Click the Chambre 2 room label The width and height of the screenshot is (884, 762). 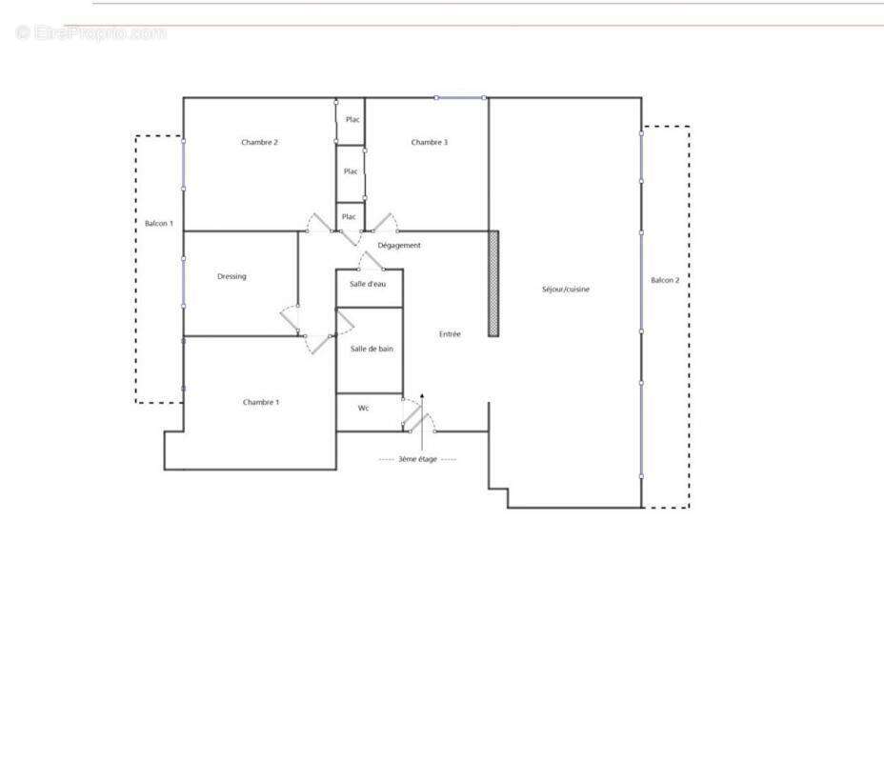(x=259, y=143)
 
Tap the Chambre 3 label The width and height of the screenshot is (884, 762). (x=429, y=143)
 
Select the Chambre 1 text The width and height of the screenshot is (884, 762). (x=260, y=403)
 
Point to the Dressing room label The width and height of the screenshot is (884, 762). (x=231, y=277)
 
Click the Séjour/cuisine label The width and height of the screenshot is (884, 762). (x=565, y=290)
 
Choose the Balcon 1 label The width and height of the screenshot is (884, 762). (x=158, y=224)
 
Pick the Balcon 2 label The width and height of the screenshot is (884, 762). (x=665, y=281)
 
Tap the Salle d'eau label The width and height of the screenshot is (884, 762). (x=368, y=285)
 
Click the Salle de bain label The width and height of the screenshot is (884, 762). (x=372, y=350)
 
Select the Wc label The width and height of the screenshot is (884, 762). (x=363, y=409)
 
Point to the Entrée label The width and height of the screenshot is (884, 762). (x=450, y=334)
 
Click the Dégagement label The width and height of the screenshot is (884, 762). (x=399, y=246)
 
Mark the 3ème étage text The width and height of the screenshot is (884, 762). (x=417, y=460)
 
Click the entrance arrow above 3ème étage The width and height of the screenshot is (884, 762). (x=421, y=419)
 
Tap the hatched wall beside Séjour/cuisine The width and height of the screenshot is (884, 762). (x=493, y=283)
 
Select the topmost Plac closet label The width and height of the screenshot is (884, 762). (x=352, y=120)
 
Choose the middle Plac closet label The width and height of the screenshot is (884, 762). (x=351, y=172)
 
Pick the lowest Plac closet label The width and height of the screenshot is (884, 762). (x=349, y=217)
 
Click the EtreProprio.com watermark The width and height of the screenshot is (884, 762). (x=91, y=33)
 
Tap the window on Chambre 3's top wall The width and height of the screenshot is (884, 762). (x=460, y=97)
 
